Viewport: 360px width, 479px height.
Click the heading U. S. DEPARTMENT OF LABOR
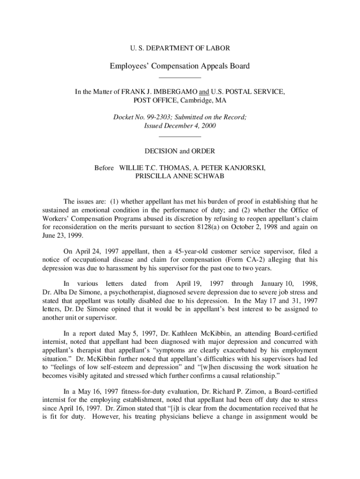[x=180, y=48]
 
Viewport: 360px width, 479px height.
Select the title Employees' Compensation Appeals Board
[x=180, y=66]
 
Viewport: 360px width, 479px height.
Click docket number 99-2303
[x=158, y=118]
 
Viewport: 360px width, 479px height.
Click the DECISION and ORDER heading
[x=180, y=151]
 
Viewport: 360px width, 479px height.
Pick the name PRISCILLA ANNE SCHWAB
[x=180, y=176]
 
